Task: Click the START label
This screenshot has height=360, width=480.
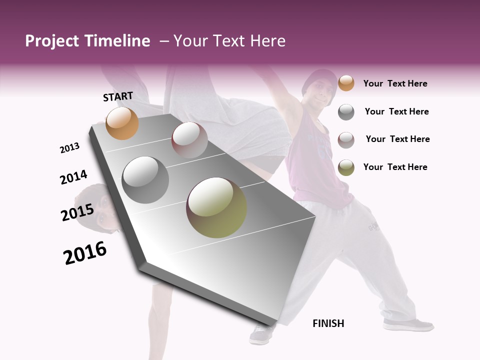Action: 118,96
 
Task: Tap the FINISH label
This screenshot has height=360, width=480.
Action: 328,323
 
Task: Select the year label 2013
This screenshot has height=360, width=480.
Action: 69,148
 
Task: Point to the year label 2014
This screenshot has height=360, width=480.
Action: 73,177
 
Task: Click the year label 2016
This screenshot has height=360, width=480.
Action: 85,253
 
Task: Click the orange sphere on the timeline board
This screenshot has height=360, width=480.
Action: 122,123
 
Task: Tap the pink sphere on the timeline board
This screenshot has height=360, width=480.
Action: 189,139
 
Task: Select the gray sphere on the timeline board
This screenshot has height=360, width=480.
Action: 145,179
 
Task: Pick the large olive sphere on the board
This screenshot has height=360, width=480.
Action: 216,207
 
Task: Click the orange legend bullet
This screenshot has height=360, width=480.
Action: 346,83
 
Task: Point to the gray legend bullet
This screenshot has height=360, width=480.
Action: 346,112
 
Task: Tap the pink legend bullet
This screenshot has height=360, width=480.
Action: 346,139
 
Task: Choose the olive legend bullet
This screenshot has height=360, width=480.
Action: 346,167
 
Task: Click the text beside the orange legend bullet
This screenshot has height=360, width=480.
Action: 395,83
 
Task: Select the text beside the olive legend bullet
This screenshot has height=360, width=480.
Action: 395,167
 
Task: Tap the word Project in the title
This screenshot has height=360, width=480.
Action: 51,41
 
